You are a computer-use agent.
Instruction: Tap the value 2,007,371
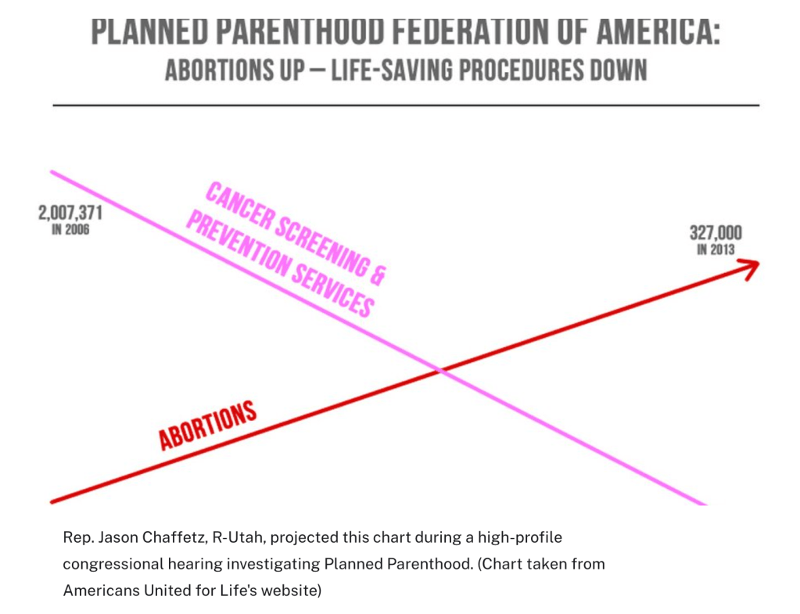(70, 213)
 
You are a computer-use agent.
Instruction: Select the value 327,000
(716, 233)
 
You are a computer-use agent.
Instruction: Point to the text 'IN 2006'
(70, 230)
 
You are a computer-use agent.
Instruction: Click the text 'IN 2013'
(716, 250)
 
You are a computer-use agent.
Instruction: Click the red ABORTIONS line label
(208, 425)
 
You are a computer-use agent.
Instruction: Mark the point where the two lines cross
(443, 370)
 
